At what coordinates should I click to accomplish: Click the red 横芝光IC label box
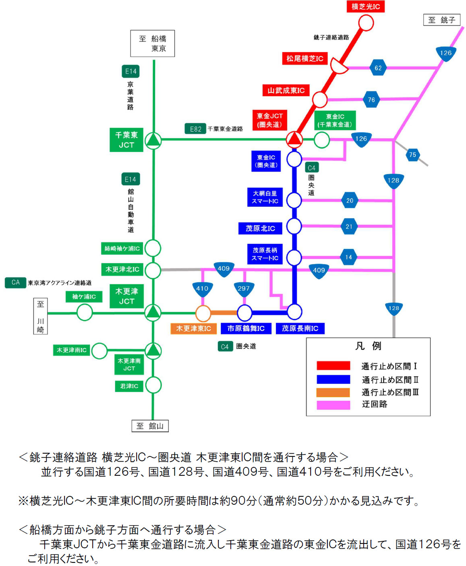(365, 6)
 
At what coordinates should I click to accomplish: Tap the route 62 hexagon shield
(378, 68)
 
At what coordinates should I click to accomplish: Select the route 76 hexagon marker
(371, 100)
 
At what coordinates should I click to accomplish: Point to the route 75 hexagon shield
(412, 155)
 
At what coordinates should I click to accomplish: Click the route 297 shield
(244, 289)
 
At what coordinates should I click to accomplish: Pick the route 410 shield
(202, 289)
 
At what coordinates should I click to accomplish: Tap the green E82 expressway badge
(195, 129)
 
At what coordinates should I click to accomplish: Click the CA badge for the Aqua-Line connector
(15, 282)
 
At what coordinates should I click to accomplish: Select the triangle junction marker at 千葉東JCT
(153, 140)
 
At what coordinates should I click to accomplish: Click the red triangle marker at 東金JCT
(294, 139)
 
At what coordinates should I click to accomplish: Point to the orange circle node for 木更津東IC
(203, 313)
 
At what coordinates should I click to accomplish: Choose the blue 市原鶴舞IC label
(246, 328)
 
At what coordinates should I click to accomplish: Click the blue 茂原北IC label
(260, 228)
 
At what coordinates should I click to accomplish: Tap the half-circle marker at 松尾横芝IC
(339, 65)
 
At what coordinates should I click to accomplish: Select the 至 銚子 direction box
(441, 20)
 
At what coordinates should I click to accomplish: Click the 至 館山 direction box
(150, 426)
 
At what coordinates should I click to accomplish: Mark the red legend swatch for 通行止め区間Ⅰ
(333, 365)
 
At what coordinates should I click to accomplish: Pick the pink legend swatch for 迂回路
(333, 405)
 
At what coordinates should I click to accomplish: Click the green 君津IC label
(129, 386)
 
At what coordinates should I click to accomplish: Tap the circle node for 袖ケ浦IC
(85, 312)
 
